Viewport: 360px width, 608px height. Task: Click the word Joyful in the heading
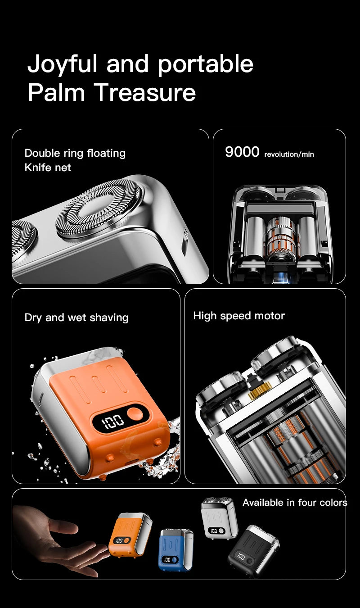coord(62,64)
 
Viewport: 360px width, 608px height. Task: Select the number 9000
coord(242,152)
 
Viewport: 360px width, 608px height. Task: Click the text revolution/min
coord(289,154)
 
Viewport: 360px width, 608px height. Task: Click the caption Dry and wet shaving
coord(76,318)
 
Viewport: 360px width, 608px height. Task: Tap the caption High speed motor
coord(239,316)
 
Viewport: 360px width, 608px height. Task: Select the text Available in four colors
coord(295,503)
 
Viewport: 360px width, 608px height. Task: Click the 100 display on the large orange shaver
coord(112,422)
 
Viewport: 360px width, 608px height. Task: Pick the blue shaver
coord(175,549)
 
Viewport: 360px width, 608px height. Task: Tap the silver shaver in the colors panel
coord(219,518)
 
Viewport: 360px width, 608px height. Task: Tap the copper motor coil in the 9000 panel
coord(279,240)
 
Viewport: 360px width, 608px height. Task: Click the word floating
coord(106,153)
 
